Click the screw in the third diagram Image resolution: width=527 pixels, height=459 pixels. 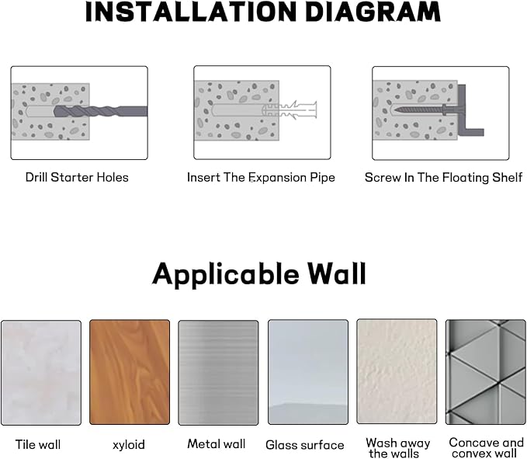[420, 111]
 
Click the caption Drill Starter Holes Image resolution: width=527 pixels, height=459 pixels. [77, 177]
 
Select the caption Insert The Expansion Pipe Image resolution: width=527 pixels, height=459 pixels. [261, 177]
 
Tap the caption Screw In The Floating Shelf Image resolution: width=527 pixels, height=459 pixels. [443, 177]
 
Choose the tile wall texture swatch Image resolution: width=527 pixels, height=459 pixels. [40, 372]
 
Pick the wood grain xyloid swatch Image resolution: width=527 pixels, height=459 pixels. [129, 372]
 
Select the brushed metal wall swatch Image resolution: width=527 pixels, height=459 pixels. [218, 372]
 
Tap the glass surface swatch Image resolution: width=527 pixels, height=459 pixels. [307, 372]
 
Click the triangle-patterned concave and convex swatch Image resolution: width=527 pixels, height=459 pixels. [485, 372]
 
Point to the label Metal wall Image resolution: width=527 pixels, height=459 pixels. [216, 444]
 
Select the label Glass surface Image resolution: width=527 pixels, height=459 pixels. [304, 445]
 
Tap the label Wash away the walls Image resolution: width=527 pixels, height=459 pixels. [398, 448]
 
